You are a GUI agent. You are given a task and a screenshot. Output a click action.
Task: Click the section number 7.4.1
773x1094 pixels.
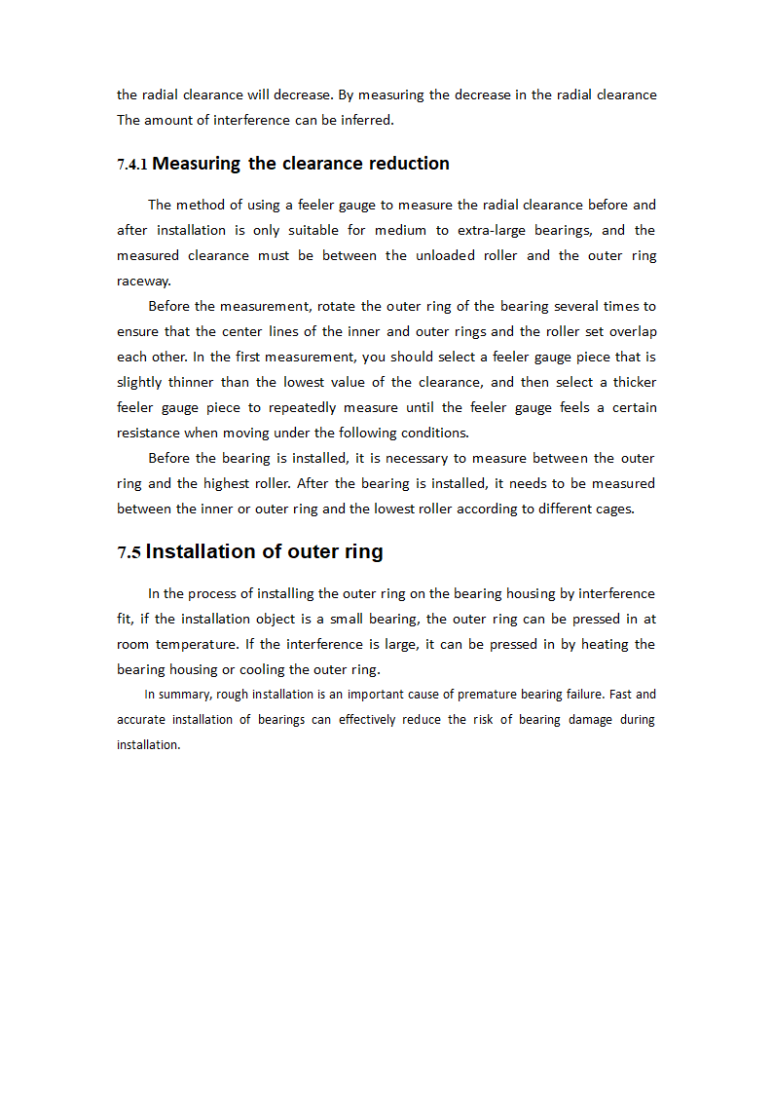click(131, 165)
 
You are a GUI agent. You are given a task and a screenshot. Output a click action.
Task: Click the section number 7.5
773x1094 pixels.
click(129, 552)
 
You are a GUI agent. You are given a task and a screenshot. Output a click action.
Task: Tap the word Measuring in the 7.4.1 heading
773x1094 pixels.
click(196, 164)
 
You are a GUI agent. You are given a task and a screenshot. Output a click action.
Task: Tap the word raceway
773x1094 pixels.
click(143, 281)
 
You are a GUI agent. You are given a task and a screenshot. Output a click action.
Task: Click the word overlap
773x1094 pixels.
click(633, 331)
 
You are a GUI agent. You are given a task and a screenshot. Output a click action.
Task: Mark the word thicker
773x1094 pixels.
click(634, 382)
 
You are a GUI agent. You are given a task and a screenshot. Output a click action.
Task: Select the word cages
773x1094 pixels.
click(612, 509)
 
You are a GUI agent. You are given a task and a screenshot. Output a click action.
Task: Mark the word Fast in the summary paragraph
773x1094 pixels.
click(620, 695)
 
